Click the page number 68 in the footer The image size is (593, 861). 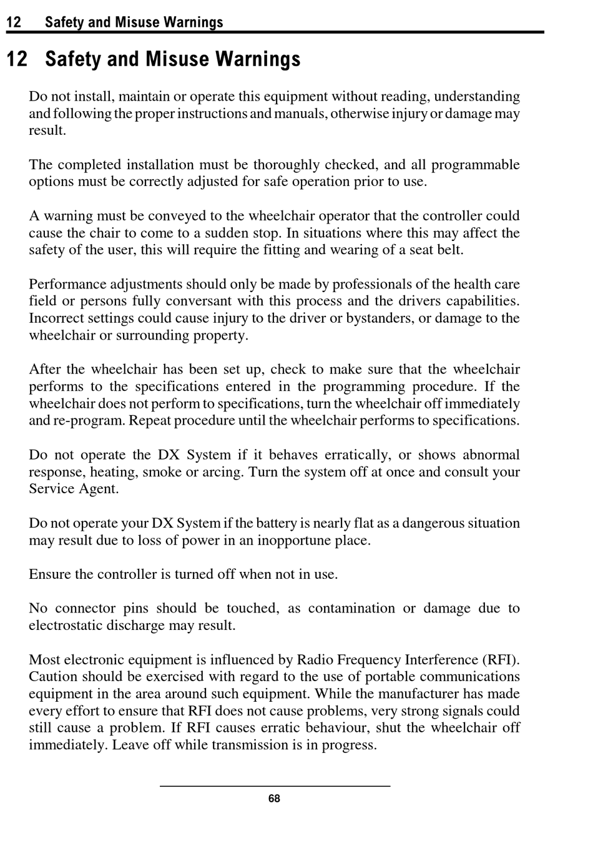click(274, 799)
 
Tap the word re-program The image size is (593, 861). click(92, 420)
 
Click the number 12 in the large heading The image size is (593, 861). click(17, 59)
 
